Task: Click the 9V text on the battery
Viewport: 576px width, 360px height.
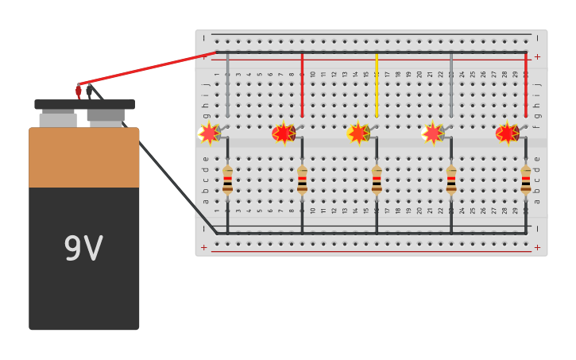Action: [83, 250]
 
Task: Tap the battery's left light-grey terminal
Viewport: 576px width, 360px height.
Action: [58, 119]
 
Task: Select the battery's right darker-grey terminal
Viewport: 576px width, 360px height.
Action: [106, 116]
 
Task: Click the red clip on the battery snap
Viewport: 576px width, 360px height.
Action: [79, 91]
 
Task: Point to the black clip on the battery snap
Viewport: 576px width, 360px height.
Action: [89, 91]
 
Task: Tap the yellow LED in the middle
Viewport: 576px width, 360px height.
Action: [358, 134]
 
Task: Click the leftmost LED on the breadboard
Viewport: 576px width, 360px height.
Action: [209, 134]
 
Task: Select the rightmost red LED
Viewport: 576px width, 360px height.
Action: [507, 134]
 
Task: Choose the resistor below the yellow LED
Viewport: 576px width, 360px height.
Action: [377, 180]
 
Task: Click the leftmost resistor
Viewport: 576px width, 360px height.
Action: [227, 180]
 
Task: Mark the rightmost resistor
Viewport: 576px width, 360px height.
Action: [525, 180]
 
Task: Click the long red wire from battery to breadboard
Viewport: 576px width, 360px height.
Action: [147, 68]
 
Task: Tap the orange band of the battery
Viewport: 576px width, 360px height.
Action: [84, 158]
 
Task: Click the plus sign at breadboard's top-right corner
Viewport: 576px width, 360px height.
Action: [537, 56]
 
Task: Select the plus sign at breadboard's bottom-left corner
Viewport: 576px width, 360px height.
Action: [204, 248]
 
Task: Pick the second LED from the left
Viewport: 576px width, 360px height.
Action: [284, 134]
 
